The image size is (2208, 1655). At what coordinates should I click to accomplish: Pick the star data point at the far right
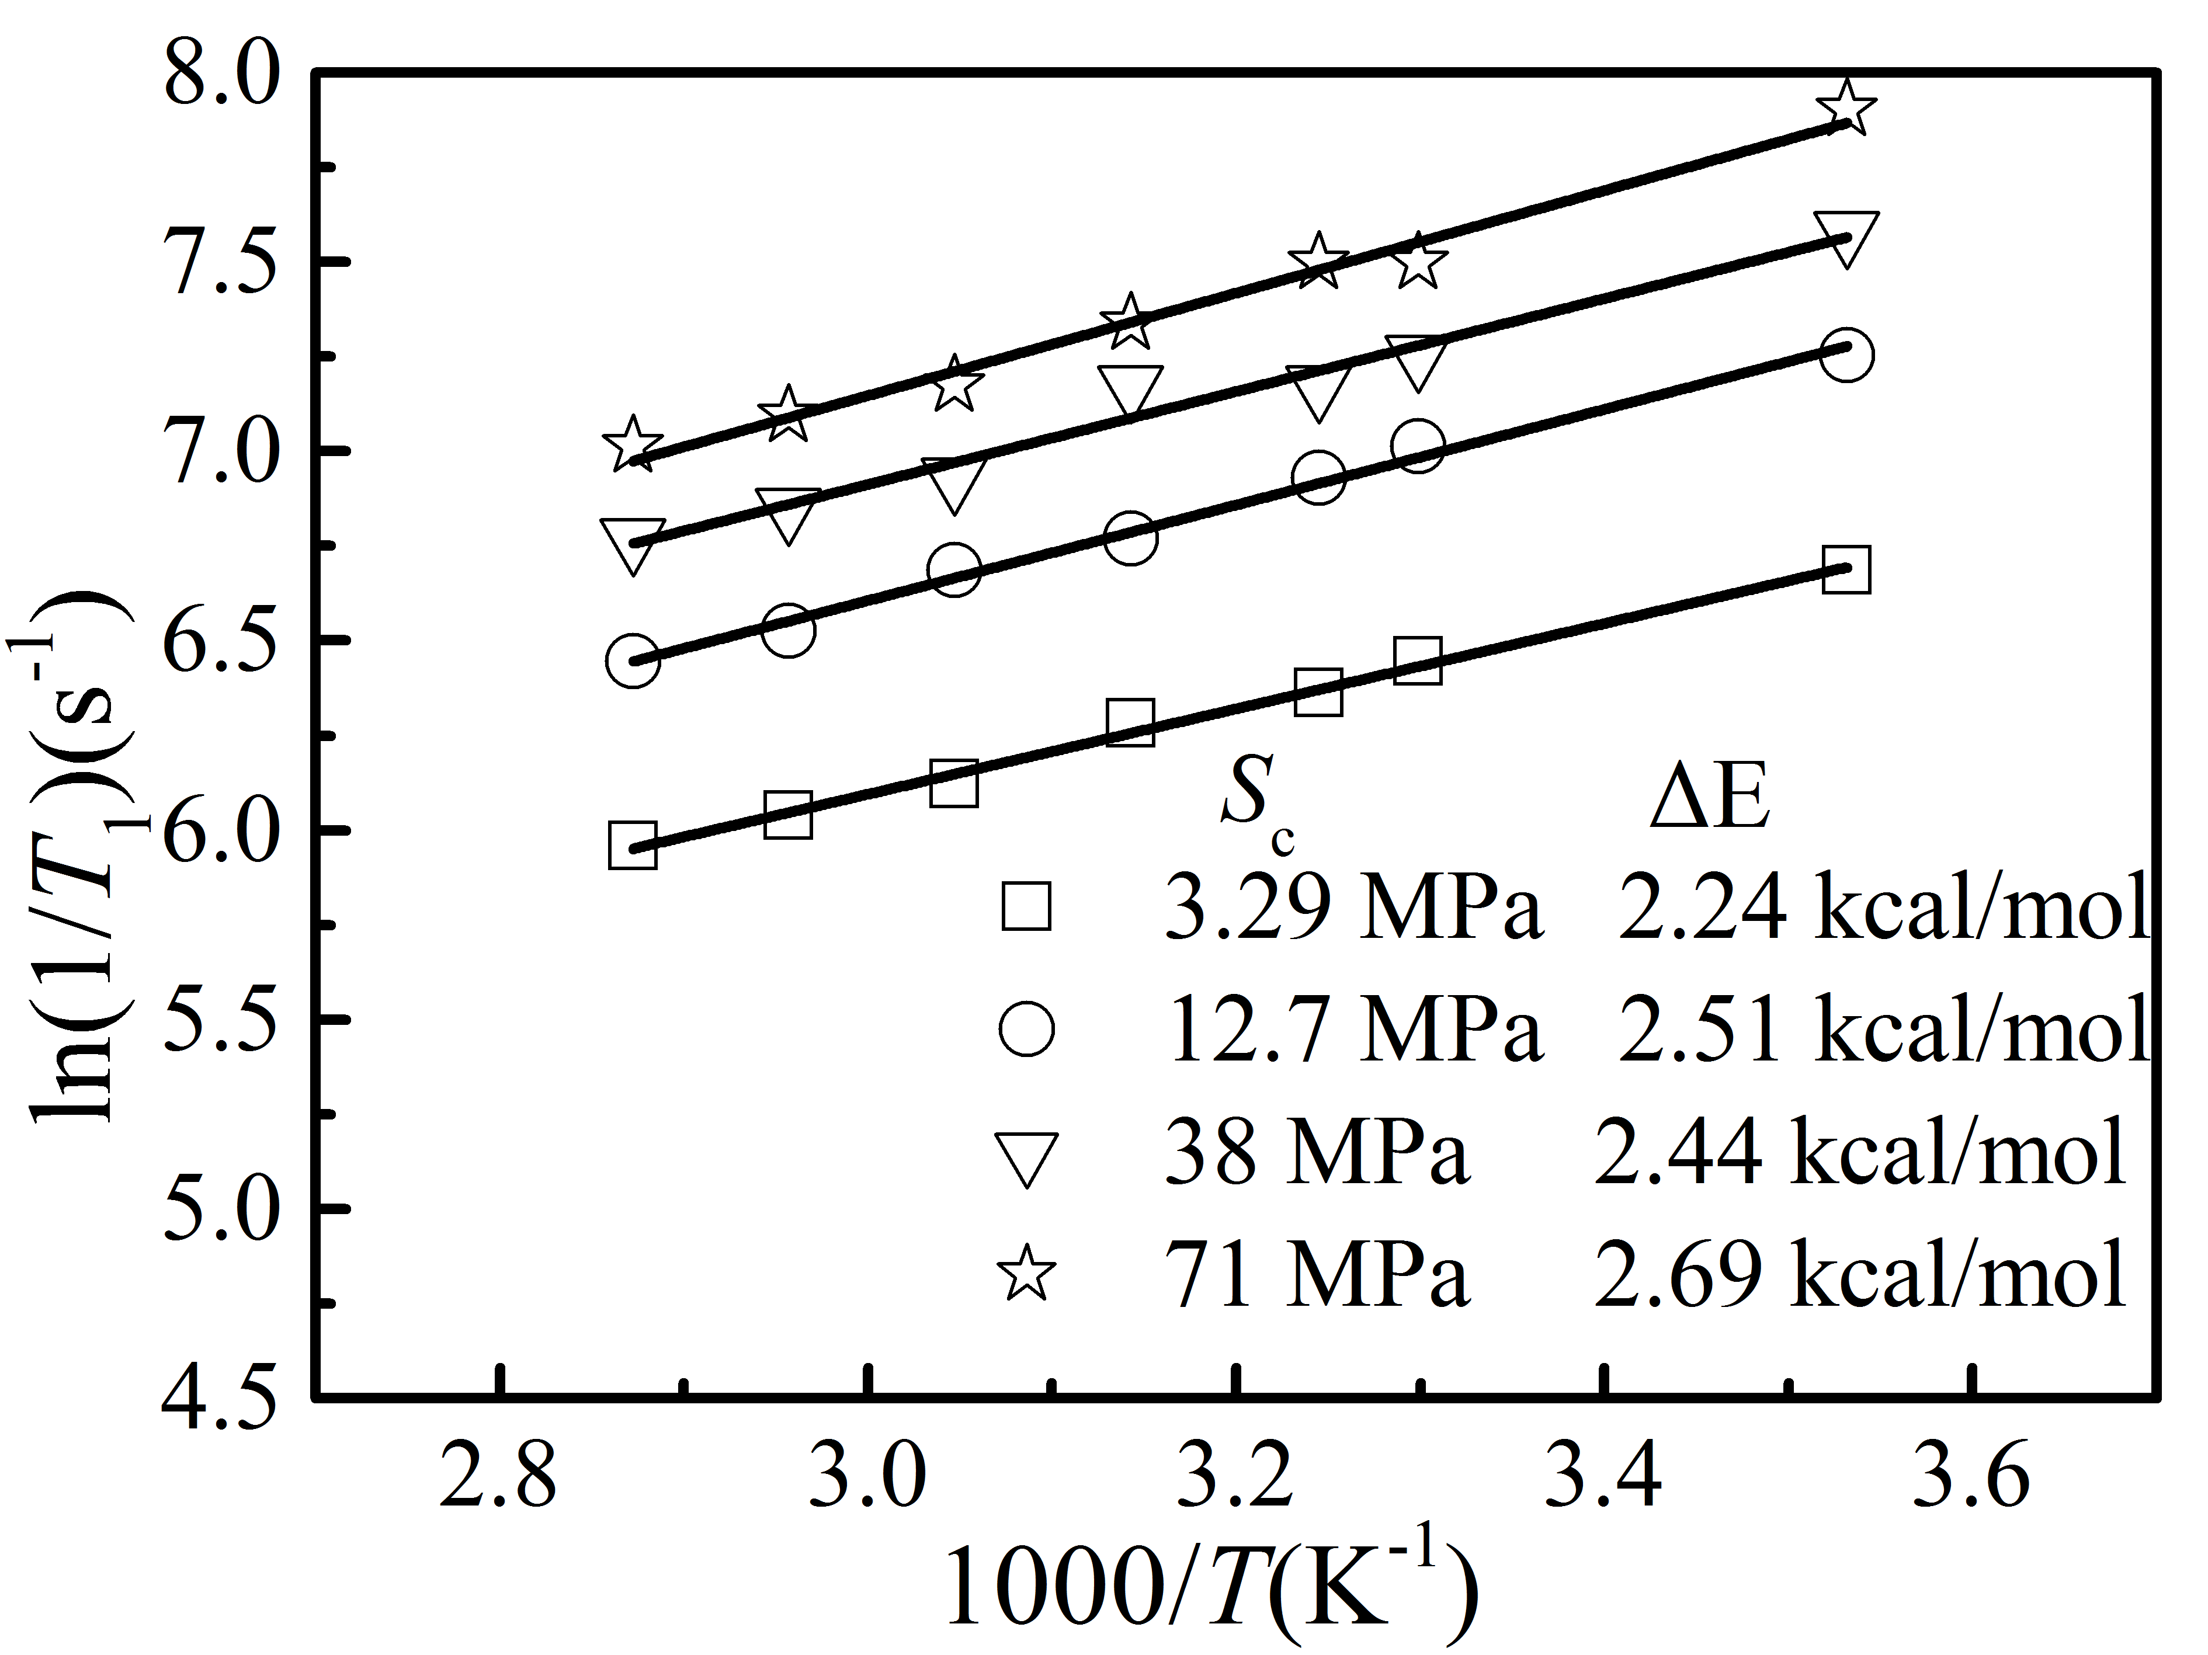click(1846, 108)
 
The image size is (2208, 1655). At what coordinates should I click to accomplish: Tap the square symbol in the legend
click(1026, 906)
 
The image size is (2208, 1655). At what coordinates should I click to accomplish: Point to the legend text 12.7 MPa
click(1353, 1029)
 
